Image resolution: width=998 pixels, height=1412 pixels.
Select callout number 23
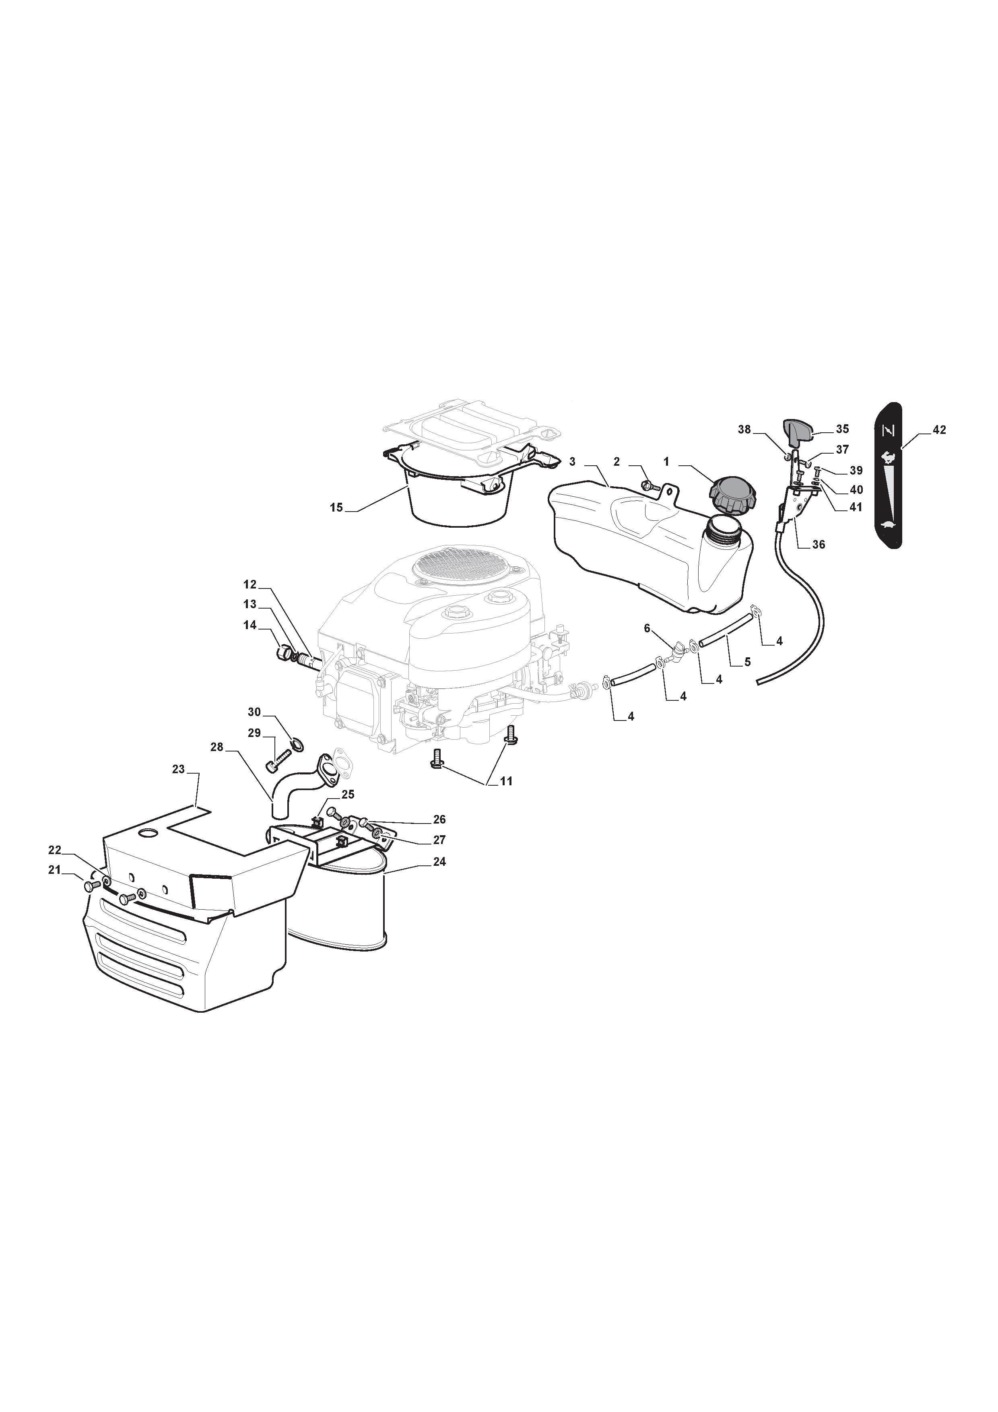click(178, 769)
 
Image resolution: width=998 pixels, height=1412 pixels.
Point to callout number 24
click(439, 862)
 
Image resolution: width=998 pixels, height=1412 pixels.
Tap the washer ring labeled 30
click(297, 745)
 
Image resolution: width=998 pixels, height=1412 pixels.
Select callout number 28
click(217, 747)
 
